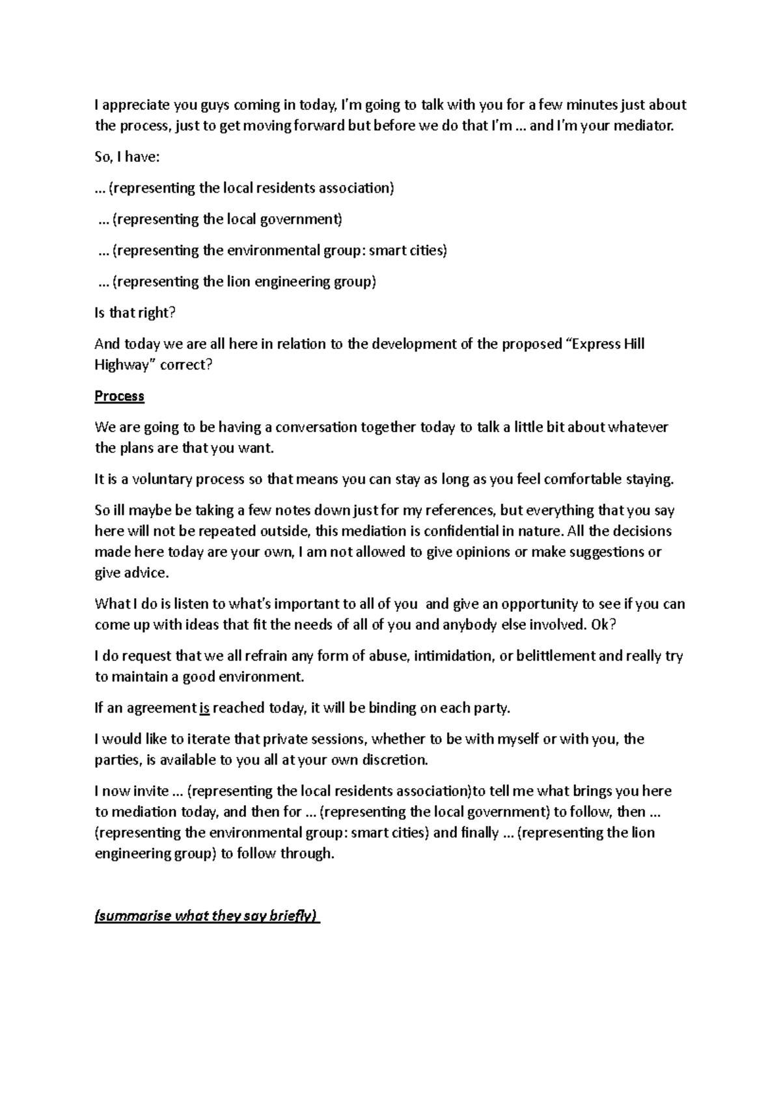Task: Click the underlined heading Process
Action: [x=119, y=396]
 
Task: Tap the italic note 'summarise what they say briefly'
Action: [x=207, y=916]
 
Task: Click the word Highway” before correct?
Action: [x=122, y=365]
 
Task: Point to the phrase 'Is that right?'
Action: [x=135, y=313]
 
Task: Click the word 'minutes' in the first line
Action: [x=588, y=105]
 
